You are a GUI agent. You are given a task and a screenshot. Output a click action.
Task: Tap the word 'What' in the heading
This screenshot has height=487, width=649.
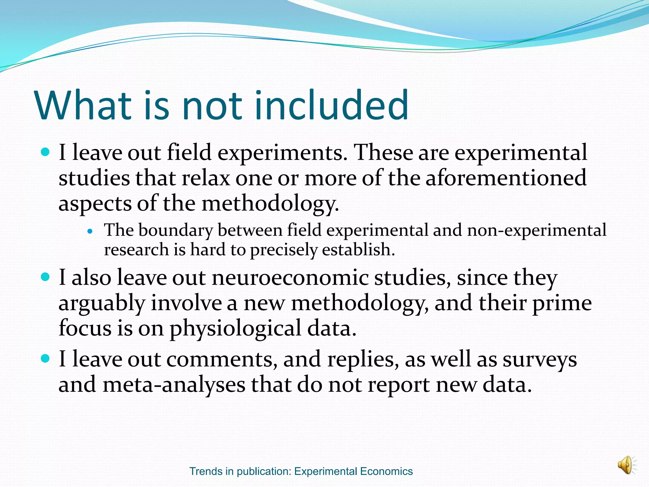pos(83,105)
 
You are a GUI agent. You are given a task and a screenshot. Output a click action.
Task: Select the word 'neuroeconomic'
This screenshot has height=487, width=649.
pos(290,278)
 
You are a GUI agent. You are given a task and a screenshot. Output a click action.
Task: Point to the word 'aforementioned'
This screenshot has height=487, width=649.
pos(506,178)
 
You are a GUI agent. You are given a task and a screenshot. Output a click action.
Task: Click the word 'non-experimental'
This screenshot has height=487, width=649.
pos(537,230)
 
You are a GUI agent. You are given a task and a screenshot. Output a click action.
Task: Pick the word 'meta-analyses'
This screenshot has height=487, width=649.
pos(174,385)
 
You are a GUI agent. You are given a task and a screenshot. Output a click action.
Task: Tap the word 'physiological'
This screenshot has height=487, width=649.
pos(235,328)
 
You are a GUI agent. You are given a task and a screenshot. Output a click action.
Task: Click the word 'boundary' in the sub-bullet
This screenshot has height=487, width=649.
pos(176,230)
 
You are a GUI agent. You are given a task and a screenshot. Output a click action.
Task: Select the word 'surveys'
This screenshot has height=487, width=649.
pos(540,360)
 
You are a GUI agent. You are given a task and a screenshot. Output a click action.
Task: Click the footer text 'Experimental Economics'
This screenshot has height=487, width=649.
pos(353,471)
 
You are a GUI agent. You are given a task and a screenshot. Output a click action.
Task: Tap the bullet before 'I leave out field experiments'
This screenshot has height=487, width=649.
pos(46,153)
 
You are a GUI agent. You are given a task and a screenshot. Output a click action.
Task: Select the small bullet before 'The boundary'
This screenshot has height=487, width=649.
pos(90,231)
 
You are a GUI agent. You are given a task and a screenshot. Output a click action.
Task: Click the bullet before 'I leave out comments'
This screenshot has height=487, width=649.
pos(46,359)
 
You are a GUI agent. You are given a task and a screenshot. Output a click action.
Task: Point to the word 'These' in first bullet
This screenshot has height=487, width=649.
pos(383,153)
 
